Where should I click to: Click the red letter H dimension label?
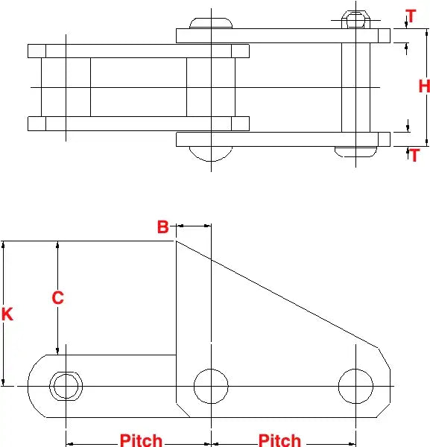423,86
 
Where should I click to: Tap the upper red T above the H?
411,16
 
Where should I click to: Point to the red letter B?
163,227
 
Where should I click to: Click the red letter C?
57,298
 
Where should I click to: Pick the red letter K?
7,314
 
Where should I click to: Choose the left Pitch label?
141,440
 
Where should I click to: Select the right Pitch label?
279,440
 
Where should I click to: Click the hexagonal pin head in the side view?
66,386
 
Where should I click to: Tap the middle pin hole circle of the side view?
211,386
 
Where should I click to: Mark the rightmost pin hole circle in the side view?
355,386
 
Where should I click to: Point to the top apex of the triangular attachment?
177,241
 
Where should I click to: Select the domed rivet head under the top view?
211,152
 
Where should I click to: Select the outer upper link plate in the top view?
283,35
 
